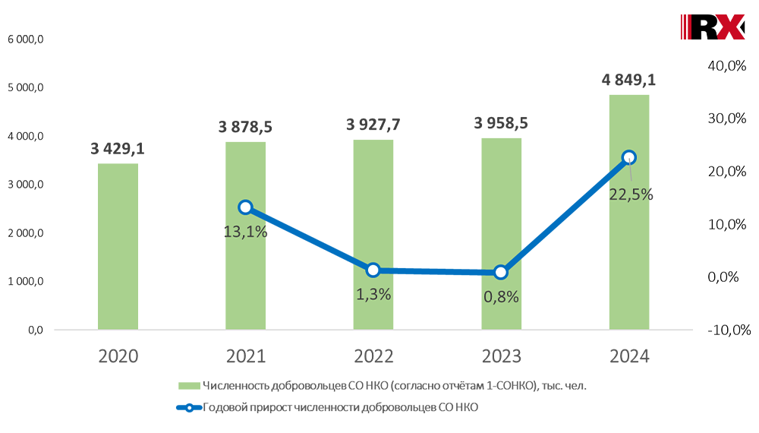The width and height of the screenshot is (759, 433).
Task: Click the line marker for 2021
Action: (x=245, y=207)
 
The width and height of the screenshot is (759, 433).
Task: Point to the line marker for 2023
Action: (x=500, y=272)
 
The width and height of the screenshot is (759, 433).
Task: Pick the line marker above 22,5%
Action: (x=628, y=157)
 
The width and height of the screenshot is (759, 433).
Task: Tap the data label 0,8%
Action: (x=501, y=297)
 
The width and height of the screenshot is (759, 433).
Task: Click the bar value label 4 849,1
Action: (x=628, y=80)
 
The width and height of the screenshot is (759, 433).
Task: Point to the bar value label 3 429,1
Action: (x=118, y=149)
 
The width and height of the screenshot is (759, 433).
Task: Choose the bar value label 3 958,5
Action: (x=500, y=123)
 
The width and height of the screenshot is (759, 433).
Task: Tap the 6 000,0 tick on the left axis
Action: (x=26, y=39)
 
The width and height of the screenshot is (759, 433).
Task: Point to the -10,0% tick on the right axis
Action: (x=729, y=330)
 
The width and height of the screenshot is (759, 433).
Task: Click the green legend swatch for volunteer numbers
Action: (x=187, y=386)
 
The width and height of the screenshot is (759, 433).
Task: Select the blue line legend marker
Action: (x=187, y=407)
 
